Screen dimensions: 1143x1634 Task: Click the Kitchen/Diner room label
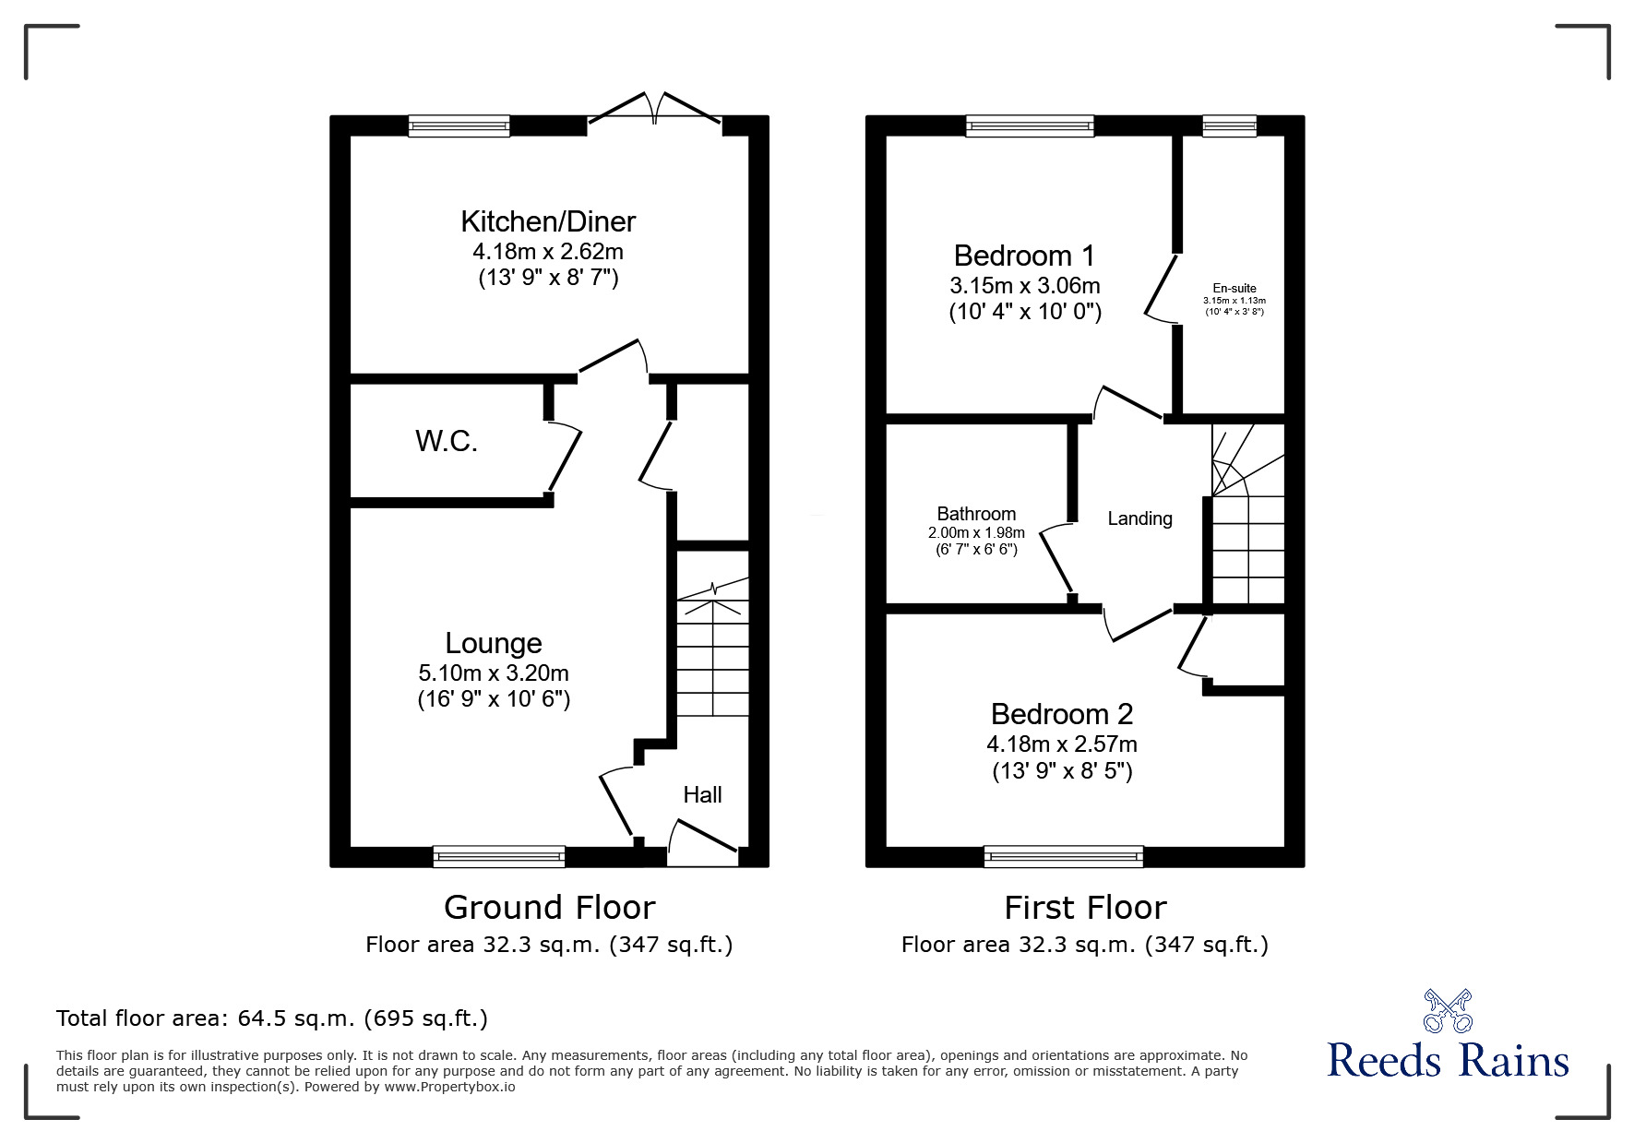click(x=548, y=222)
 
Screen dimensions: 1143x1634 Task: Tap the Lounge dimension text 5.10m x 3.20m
click(x=493, y=673)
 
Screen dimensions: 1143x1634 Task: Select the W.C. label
click(x=447, y=442)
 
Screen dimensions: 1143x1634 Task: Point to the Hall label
click(x=702, y=795)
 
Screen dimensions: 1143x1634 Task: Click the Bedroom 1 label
click(x=1024, y=256)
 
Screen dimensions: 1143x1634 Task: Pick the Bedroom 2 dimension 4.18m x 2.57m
click(x=1061, y=744)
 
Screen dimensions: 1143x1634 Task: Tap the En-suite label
click(x=1234, y=289)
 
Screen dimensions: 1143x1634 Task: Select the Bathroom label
click(x=976, y=514)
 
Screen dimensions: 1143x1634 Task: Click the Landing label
click(x=1139, y=519)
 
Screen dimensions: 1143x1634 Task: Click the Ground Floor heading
click(x=549, y=908)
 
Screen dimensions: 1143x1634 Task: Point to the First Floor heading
click(x=1085, y=908)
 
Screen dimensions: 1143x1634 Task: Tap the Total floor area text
click(x=272, y=1018)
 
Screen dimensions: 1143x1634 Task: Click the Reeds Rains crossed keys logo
click(x=1447, y=1011)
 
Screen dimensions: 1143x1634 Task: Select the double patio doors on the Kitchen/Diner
click(x=655, y=109)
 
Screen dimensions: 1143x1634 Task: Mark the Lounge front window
click(x=499, y=857)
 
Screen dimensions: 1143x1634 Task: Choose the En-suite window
click(x=1229, y=126)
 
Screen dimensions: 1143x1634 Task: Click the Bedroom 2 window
click(x=1063, y=857)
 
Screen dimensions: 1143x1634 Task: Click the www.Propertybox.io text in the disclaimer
click(x=449, y=1087)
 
